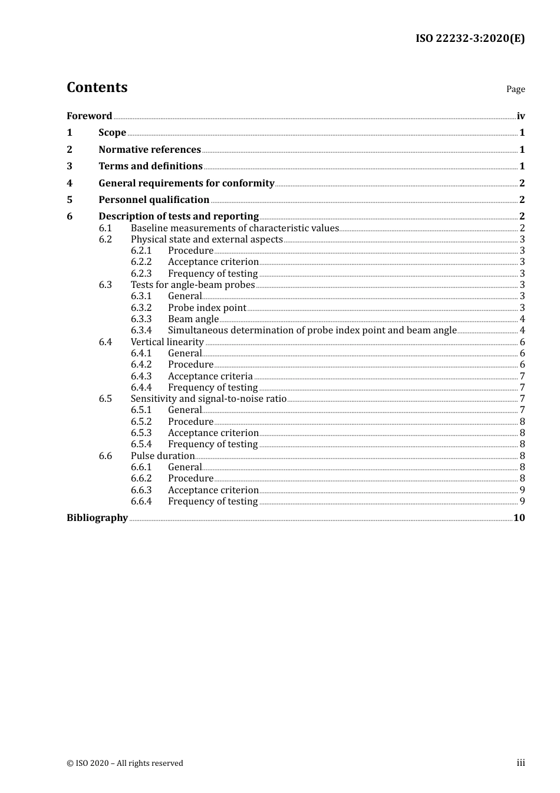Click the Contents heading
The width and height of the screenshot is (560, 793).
tap(97, 87)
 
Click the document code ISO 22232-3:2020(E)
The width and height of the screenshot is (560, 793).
tap(470, 38)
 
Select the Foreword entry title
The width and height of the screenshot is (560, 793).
tap(89, 116)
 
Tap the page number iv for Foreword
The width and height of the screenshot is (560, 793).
tap(521, 116)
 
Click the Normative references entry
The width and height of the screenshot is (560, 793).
tap(150, 149)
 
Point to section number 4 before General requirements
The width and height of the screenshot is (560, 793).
tap(70, 183)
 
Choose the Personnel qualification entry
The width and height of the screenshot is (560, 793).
tap(154, 199)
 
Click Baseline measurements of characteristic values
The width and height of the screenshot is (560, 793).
tap(235, 228)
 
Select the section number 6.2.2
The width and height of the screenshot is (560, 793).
tap(141, 261)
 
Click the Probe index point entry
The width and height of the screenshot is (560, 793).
tap(207, 307)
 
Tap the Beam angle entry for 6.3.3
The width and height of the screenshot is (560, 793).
tap(193, 319)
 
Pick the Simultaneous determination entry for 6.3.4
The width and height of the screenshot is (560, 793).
tap(312, 330)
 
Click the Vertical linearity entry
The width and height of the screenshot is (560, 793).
tap(167, 342)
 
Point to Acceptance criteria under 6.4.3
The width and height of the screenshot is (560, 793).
tap(210, 376)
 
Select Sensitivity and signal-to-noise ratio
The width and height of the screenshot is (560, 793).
tap(208, 398)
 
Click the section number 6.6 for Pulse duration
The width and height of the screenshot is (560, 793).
tap(105, 456)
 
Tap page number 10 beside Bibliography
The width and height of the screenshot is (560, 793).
tap(519, 517)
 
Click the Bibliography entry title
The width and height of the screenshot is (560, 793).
tap(97, 517)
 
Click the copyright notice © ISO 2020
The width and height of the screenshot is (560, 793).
tap(124, 763)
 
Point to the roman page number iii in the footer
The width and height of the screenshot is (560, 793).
tap(521, 762)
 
